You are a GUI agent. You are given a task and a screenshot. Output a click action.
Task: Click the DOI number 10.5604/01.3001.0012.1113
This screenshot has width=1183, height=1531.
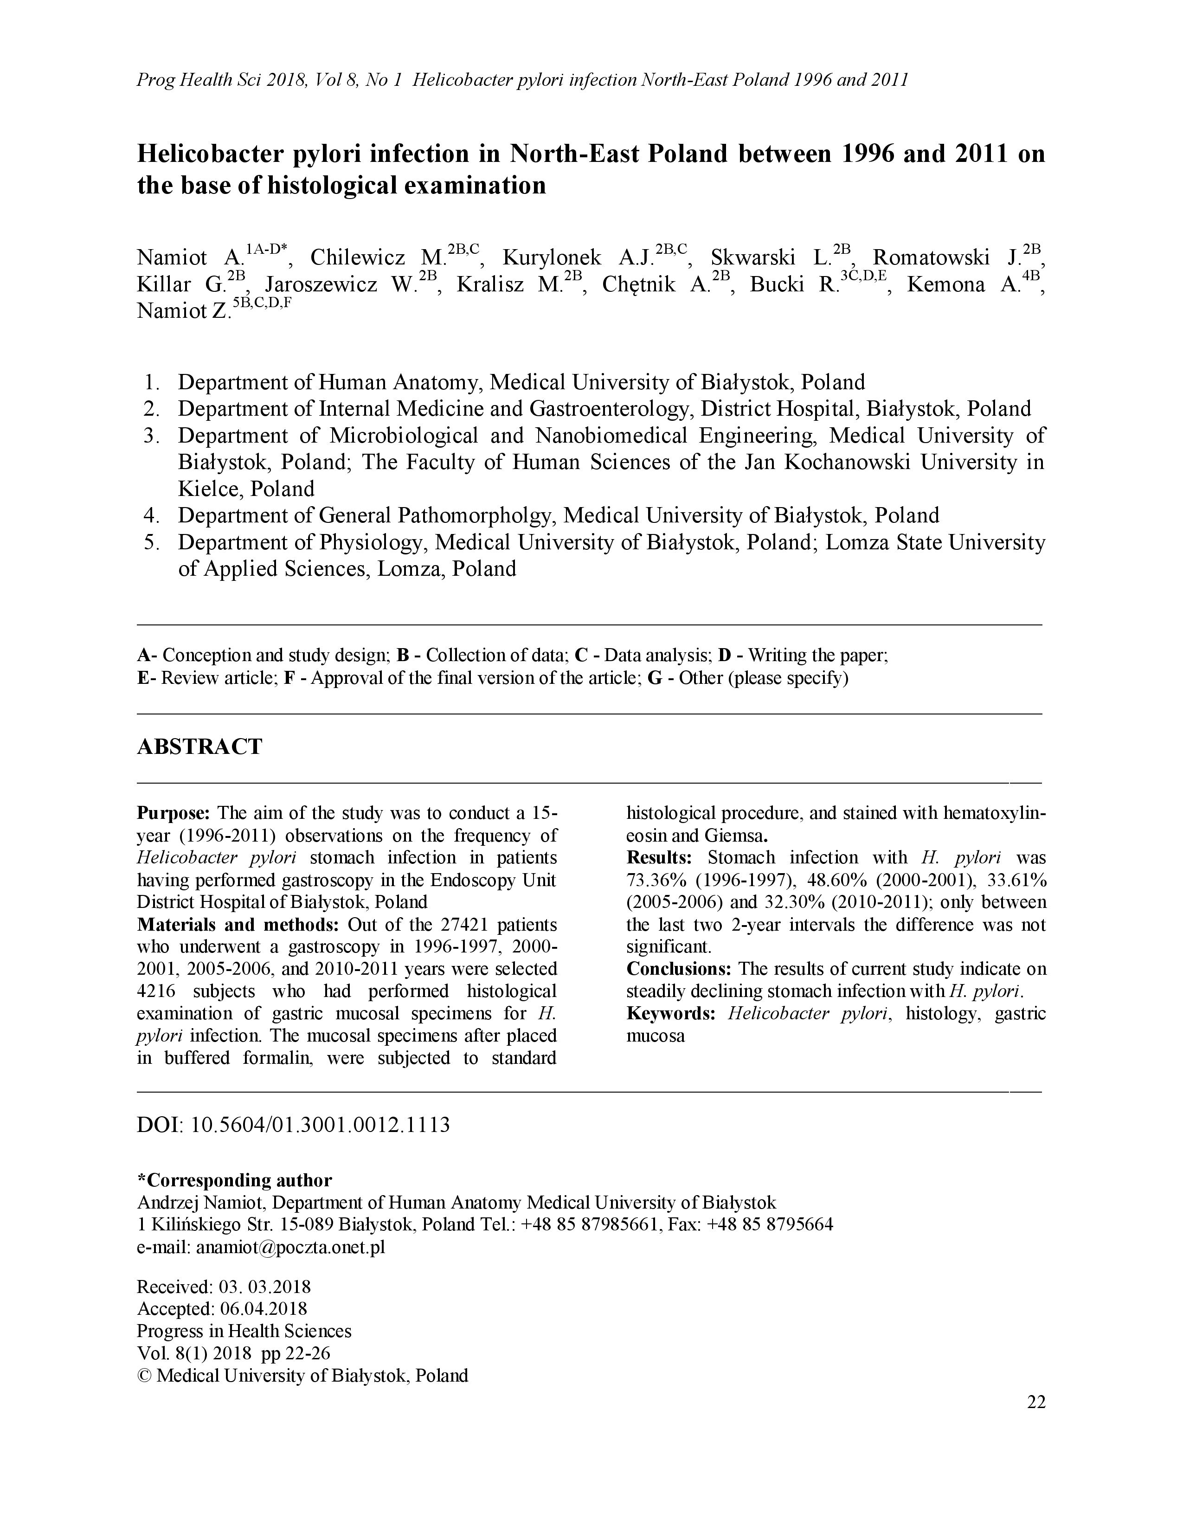tap(320, 1125)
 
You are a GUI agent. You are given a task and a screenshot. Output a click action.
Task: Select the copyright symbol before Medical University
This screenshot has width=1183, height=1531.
tap(144, 1376)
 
